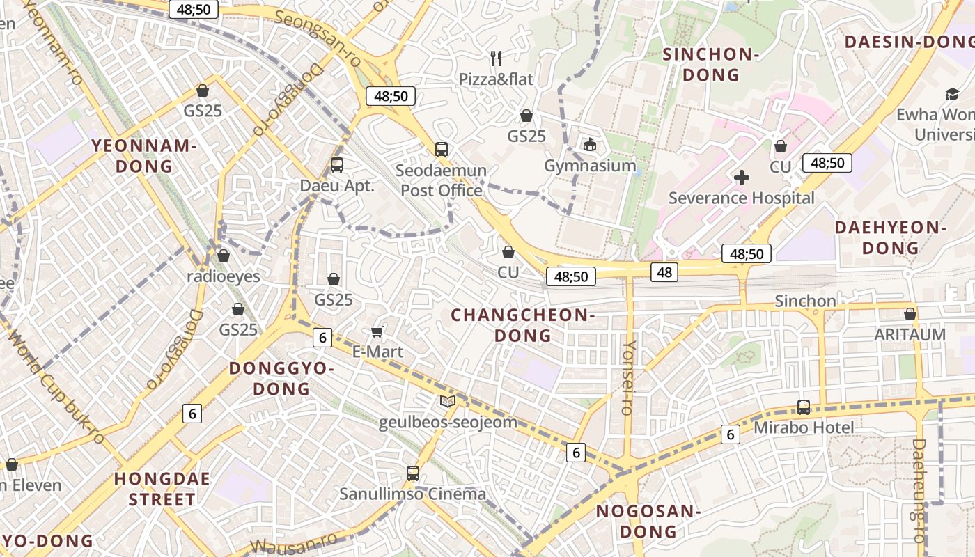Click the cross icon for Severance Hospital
pyautogui.click(x=742, y=178)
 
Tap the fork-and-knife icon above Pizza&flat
pyautogui.click(x=496, y=58)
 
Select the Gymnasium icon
pyautogui.click(x=590, y=145)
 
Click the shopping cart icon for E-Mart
pyautogui.click(x=377, y=331)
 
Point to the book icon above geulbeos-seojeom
pyautogui.click(x=448, y=402)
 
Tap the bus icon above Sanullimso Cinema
pyautogui.click(x=413, y=473)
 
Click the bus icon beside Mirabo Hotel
pyautogui.click(x=804, y=407)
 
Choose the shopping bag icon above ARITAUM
pyautogui.click(x=910, y=314)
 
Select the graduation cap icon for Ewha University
pyautogui.click(x=951, y=94)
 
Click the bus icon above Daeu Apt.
pyautogui.click(x=337, y=165)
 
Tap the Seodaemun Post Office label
pyautogui.click(x=442, y=180)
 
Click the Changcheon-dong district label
pyautogui.click(x=522, y=325)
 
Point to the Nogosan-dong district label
pyautogui.click(x=648, y=521)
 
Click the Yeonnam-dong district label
pyautogui.click(x=144, y=156)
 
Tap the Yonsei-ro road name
pyautogui.click(x=629, y=377)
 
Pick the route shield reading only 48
pyautogui.click(x=664, y=272)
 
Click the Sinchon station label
pyautogui.click(x=805, y=301)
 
